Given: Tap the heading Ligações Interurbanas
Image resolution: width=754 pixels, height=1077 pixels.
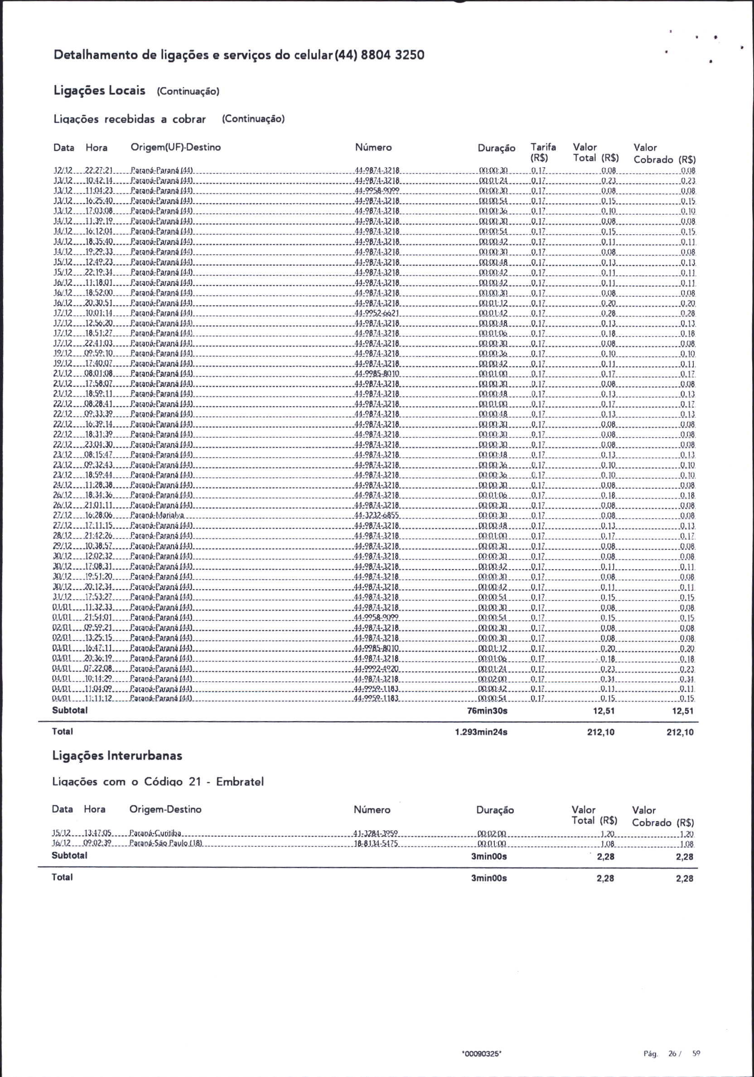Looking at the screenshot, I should [117, 756].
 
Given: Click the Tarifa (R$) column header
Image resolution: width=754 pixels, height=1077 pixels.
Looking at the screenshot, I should [543, 153].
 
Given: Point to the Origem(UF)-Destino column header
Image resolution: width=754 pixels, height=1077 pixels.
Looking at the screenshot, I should [175, 147].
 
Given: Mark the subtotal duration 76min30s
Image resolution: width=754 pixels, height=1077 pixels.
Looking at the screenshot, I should [487, 711].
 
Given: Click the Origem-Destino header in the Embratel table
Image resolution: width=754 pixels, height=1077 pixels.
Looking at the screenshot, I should [165, 809].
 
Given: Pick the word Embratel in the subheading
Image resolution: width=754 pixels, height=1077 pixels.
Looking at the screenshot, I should [240, 782].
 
